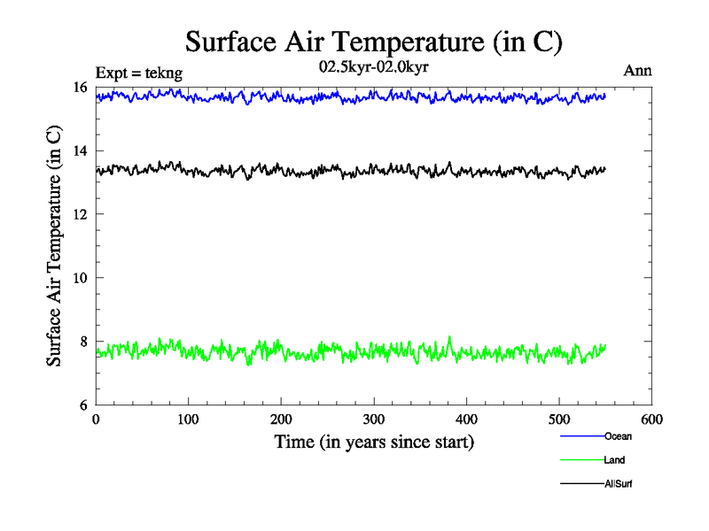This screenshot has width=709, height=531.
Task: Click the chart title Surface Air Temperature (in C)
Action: click(373, 41)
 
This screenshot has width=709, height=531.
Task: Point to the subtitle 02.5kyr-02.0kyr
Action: click(374, 66)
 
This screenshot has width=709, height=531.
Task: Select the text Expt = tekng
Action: click(138, 73)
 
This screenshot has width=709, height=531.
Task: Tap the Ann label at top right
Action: click(638, 71)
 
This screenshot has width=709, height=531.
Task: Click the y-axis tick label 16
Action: click(79, 87)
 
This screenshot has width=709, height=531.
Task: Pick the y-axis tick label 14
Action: click(79, 150)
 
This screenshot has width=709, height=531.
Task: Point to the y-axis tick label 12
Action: click(79, 214)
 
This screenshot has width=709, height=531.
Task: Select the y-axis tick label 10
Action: click(79, 278)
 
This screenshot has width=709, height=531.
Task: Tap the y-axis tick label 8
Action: click(82, 342)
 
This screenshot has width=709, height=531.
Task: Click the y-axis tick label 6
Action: click(82, 405)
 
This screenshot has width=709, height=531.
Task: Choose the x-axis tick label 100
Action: click(189, 419)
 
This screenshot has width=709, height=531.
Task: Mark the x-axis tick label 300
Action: click(374, 419)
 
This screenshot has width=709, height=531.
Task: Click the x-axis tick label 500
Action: click(559, 419)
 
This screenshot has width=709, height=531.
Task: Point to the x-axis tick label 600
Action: click(652, 419)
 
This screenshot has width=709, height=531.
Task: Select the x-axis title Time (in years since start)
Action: click(374, 442)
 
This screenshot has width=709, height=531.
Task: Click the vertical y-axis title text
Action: click(55, 246)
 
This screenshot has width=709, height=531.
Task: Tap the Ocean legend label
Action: click(618, 436)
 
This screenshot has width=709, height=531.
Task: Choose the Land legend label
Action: click(615, 460)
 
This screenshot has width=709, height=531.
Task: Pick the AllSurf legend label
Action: click(619, 484)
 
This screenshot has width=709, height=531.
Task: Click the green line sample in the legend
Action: click(581, 460)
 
